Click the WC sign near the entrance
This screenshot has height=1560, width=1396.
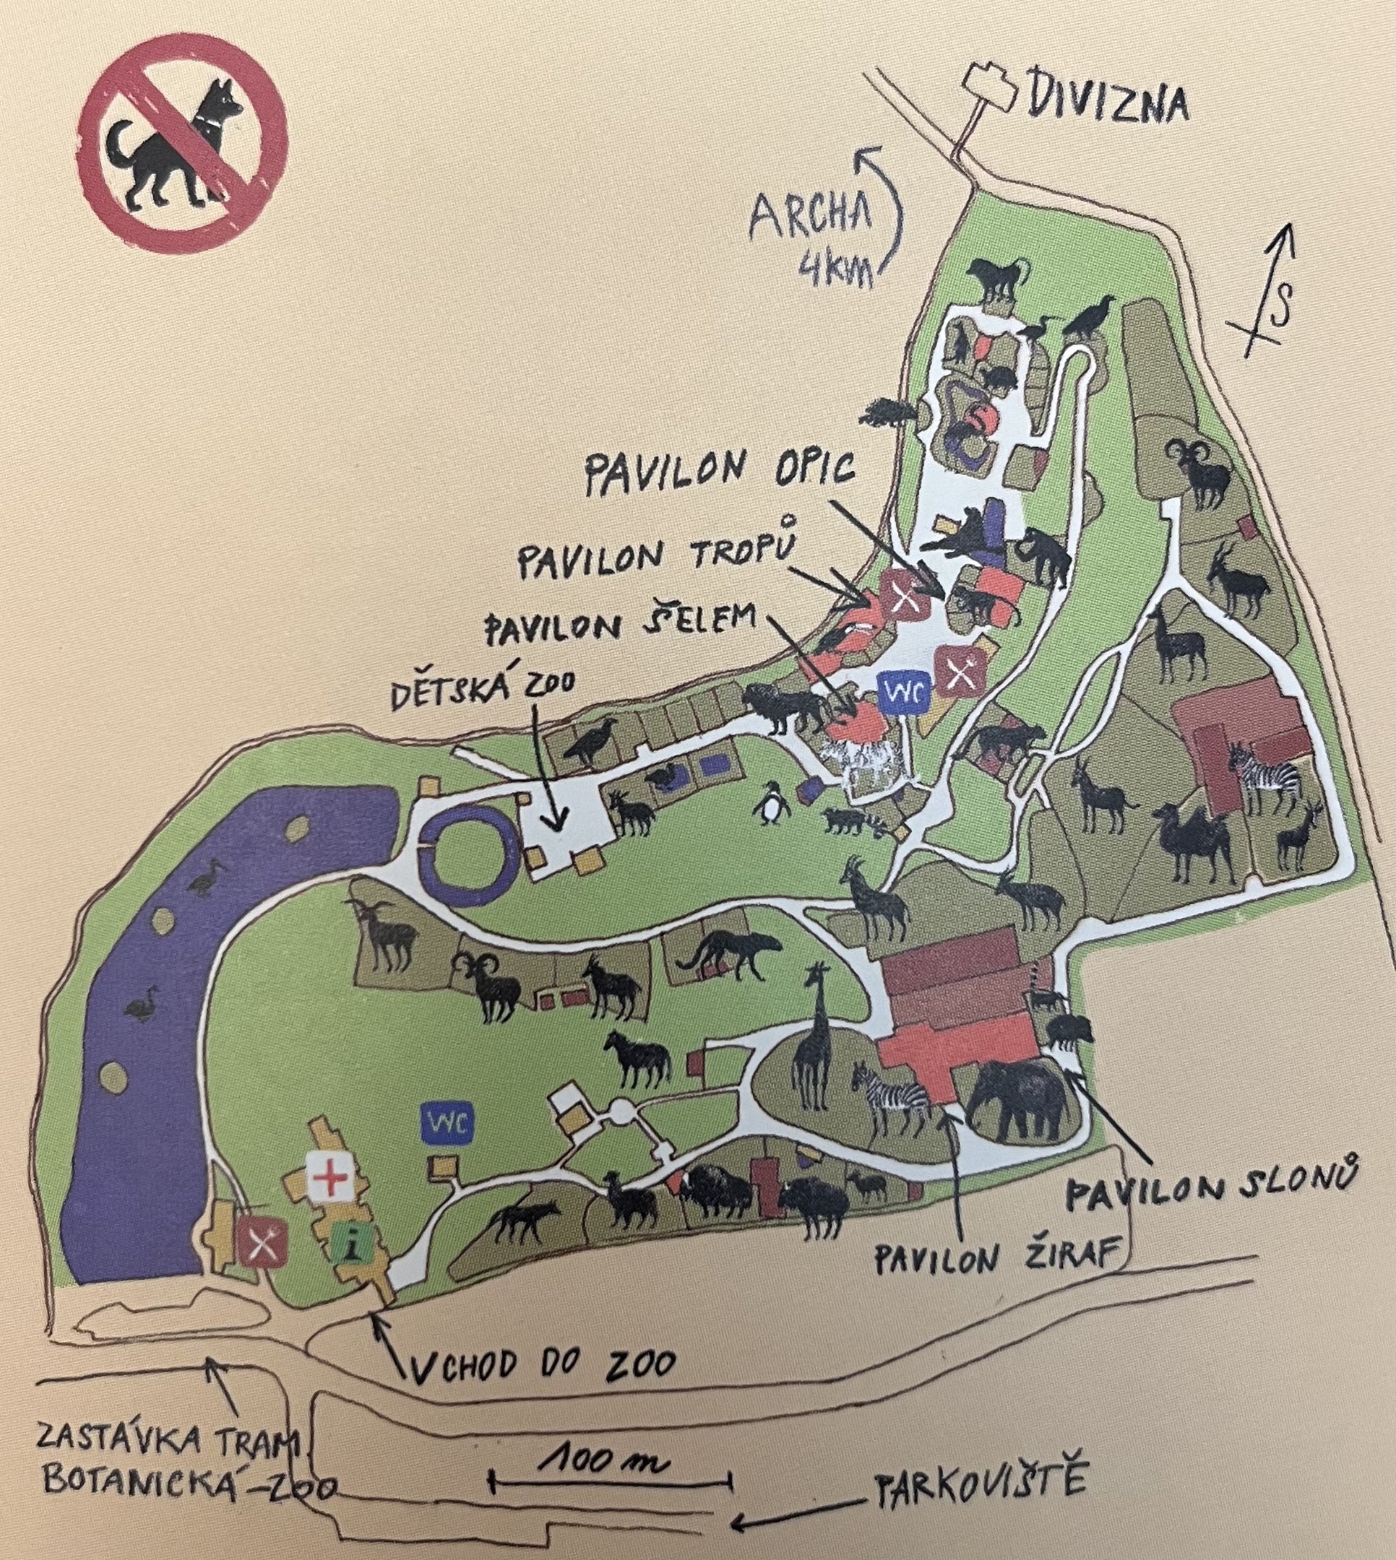pos(447,1124)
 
